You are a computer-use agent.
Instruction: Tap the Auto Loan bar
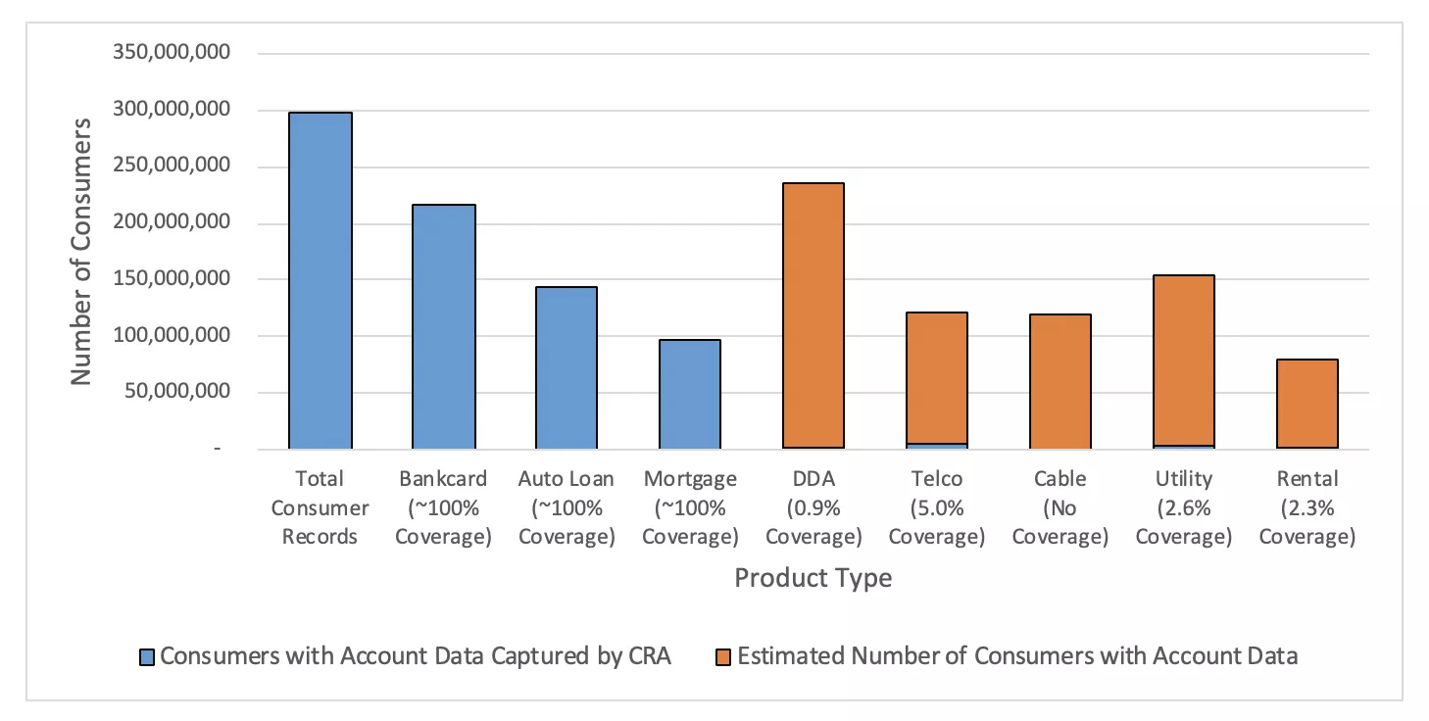click(x=566, y=367)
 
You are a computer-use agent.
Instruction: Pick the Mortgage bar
click(x=689, y=394)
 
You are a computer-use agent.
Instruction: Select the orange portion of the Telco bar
click(x=936, y=377)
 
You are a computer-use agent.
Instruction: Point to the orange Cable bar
click(x=1059, y=381)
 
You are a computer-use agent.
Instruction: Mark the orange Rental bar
click(x=1306, y=404)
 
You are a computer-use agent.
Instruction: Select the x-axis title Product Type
click(x=813, y=578)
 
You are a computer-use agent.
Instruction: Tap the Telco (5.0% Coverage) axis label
click(x=936, y=507)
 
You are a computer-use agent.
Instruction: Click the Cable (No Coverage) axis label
click(x=1059, y=507)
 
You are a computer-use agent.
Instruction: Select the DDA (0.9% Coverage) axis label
click(x=813, y=507)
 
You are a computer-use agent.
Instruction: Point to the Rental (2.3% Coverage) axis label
click(x=1306, y=507)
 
